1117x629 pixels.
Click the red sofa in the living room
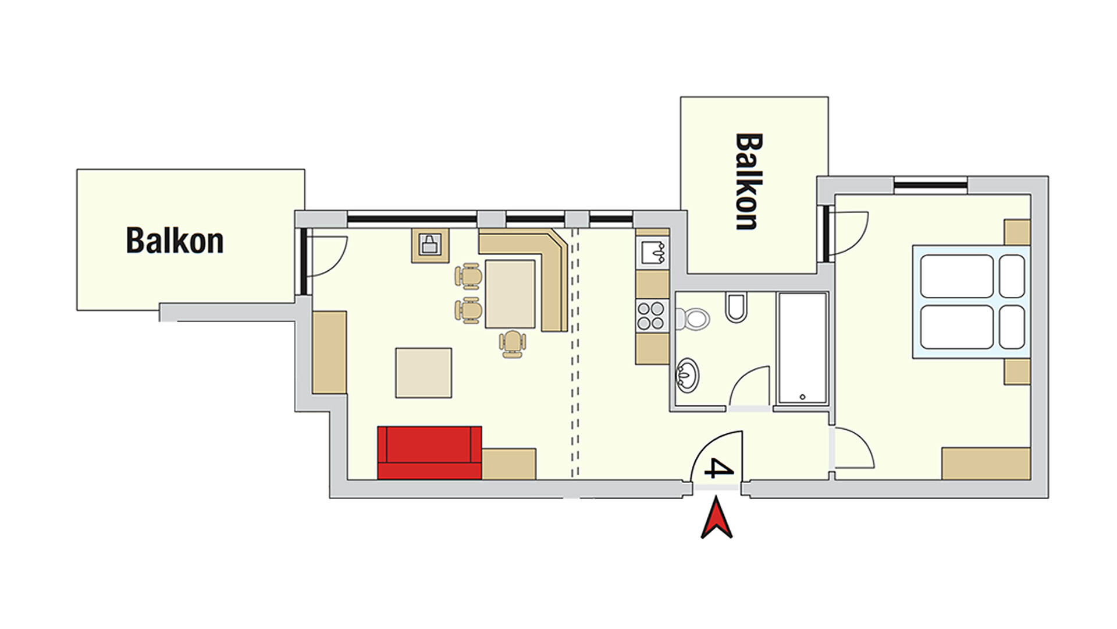click(x=429, y=453)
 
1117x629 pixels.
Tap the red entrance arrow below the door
click(x=717, y=517)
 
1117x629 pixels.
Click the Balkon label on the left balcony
click(x=175, y=240)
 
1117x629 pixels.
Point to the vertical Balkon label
click(x=749, y=182)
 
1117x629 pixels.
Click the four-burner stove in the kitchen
click(x=651, y=315)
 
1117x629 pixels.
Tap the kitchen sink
click(x=653, y=252)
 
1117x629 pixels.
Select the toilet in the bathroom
click(x=692, y=319)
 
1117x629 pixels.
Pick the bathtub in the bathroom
click(x=803, y=348)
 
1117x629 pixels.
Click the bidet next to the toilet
click(x=736, y=308)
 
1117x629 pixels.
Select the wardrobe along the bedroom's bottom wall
click(x=986, y=464)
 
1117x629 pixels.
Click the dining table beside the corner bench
click(x=510, y=294)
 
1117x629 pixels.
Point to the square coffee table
click(x=424, y=373)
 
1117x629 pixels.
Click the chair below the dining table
click(x=512, y=344)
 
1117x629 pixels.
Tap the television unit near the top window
click(x=431, y=245)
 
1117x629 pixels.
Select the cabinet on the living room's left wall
click(x=329, y=352)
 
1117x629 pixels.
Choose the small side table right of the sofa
click(x=509, y=464)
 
